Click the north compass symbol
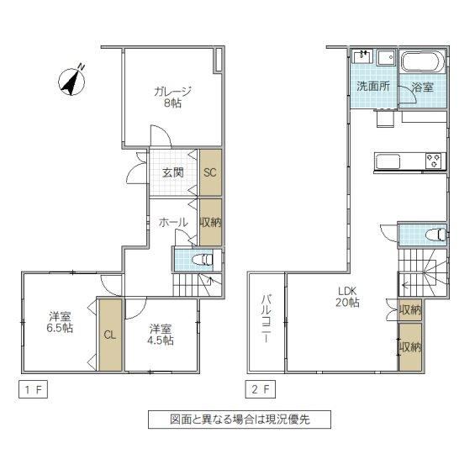click(x=72, y=81)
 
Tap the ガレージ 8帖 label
click(x=172, y=98)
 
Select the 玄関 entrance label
click(x=172, y=173)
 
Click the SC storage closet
click(x=210, y=172)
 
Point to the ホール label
click(x=173, y=223)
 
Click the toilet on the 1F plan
click(x=203, y=260)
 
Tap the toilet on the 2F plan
click(x=435, y=235)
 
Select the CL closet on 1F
click(x=110, y=335)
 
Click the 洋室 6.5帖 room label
click(x=60, y=323)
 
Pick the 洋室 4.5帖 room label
click(x=161, y=335)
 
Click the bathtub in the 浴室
click(x=423, y=62)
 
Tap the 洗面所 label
click(x=373, y=87)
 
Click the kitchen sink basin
click(x=388, y=161)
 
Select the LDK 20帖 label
click(x=347, y=297)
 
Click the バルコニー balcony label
click(x=266, y=319)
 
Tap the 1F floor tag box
click(x=33, y=389)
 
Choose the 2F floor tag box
click(x=261, y=389)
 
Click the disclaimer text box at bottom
click(x=240, y=420)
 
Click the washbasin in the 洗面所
click(x=362, y=56)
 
